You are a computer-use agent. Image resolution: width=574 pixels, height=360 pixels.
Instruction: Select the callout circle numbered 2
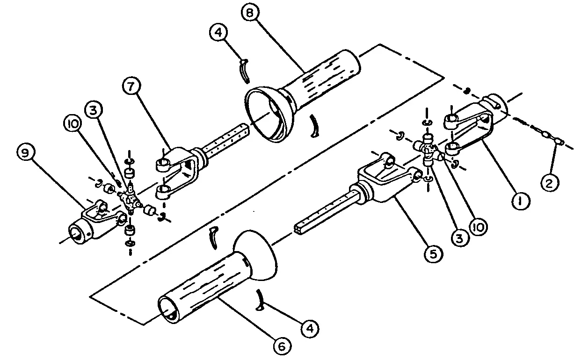[549, 182]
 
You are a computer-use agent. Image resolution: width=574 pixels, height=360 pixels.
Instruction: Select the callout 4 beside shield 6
[307, 329]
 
